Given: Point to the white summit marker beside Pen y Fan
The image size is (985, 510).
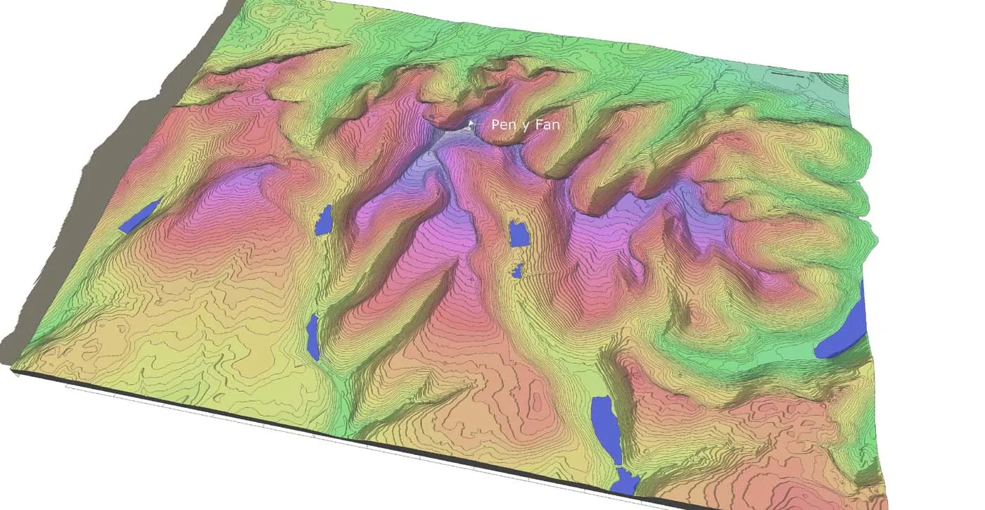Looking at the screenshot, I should (471, 125).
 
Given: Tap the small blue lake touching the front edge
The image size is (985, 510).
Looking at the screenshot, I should (625, 483).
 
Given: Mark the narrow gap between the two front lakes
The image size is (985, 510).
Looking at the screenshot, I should (616, 466).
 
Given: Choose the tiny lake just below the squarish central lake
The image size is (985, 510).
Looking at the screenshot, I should (518, 270).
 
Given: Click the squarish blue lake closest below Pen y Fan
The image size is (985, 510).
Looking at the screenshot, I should (519, 233).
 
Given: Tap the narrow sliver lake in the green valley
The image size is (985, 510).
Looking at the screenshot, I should (313, 337).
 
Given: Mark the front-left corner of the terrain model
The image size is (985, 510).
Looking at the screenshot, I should (13, 366).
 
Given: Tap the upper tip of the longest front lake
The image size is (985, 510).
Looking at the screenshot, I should (599, 399).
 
